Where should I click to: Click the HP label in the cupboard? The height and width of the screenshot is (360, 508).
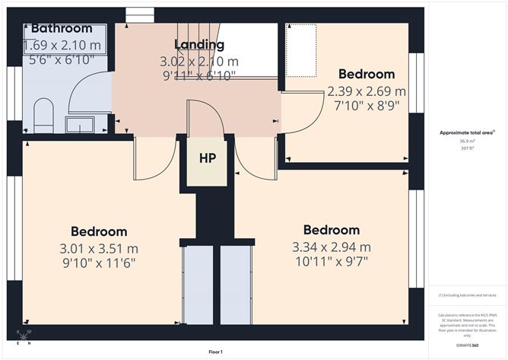[208, 159]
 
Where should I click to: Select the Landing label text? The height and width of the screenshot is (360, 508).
[198, 44]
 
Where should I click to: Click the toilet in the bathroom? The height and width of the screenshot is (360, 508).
[43, 114]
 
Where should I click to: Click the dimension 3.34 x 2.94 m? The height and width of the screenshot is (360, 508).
[331, 247]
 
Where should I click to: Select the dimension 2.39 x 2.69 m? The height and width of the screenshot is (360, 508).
[366, 91]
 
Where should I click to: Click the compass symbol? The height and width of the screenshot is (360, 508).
[25, 336]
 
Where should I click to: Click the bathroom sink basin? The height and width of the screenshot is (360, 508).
[80, 124]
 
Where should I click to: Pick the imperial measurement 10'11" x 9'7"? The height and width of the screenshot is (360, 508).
[331, 262]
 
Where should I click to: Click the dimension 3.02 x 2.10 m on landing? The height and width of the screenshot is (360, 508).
[198, 60]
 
